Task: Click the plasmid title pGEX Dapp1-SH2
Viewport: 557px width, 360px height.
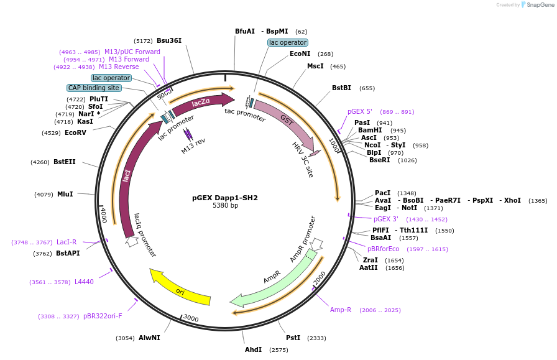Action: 224,198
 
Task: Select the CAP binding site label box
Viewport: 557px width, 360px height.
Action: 94,88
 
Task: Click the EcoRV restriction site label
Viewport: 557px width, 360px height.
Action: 75,132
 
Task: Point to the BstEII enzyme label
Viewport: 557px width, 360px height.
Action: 64,162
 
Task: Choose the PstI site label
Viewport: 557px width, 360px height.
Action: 293,338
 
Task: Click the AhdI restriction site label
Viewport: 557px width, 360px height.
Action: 253,350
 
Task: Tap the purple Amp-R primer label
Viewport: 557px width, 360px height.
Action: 340,310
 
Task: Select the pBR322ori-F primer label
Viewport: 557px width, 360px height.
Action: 103,316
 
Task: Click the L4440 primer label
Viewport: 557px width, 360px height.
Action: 84,282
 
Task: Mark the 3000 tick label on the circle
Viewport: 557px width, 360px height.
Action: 191,318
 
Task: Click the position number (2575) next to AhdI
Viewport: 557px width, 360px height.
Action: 278,351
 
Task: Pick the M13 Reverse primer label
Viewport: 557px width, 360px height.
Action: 119,67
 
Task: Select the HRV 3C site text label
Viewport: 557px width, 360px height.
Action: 303,159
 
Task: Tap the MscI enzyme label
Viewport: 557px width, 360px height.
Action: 315,66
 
